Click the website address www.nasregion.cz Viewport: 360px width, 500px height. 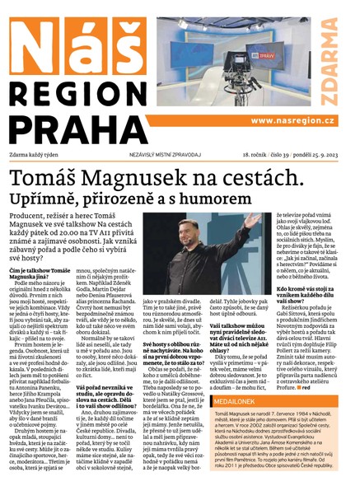click(288, 120)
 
